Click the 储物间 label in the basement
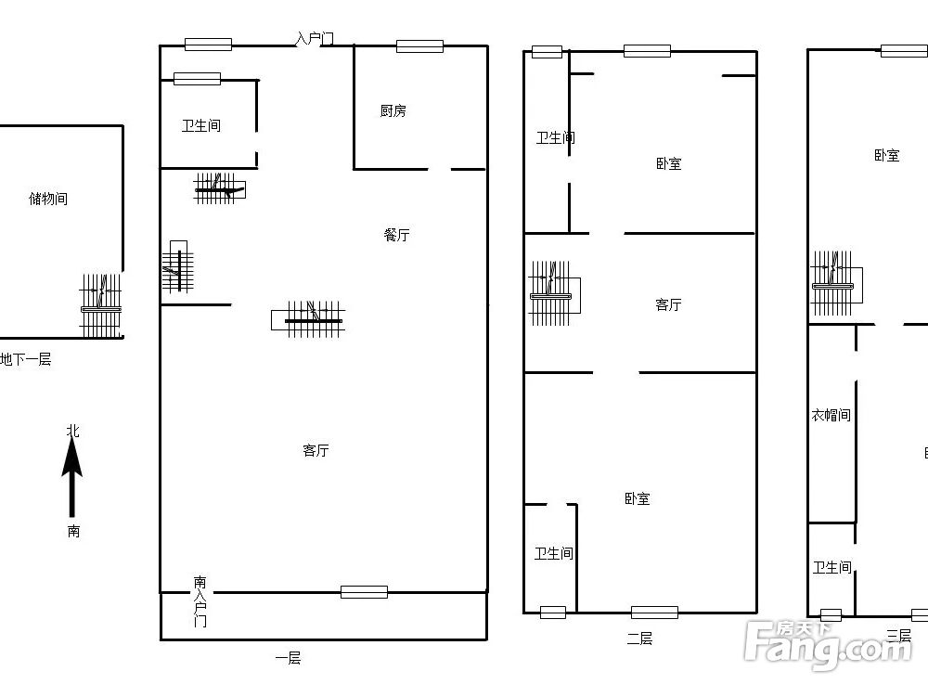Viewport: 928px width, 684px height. pos(48,199)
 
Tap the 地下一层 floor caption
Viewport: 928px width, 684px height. pos(25,359)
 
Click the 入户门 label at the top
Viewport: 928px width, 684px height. pos(314,39)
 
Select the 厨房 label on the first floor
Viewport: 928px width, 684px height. pos(393,110)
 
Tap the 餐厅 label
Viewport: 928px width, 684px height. pos(396,235)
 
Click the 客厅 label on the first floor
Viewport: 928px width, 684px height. pos(316,450)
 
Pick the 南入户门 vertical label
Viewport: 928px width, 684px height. pos(200,601)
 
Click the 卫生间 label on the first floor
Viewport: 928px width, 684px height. pos(200,125)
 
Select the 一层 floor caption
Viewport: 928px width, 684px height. pos(288,658)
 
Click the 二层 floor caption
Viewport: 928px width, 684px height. pos(639,638)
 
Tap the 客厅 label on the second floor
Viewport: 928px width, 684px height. pos(668,304)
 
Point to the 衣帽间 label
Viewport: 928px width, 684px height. pos(831,415)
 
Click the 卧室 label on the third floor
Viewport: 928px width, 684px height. pos(886,156)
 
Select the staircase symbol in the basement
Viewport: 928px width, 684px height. pos(101,306)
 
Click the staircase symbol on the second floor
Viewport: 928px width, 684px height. pos(553,293)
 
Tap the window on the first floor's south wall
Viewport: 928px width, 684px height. pos(364,592)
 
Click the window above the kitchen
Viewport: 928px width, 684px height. pos(419,45)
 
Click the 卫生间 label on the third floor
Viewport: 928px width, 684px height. pos(831,567)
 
